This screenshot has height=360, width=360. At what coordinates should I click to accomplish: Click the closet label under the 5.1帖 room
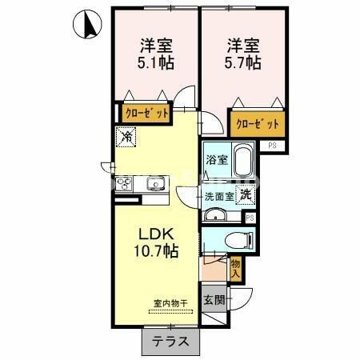[146, 113]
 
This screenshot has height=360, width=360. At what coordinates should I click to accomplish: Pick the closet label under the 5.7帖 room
[258, 124]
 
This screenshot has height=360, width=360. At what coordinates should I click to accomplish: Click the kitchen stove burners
[126, 186]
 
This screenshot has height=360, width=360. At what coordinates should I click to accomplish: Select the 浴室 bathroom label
[217, 159]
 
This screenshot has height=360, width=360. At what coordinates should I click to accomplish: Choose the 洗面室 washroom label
[218, 195]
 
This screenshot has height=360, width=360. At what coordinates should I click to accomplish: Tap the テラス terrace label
[170, 342]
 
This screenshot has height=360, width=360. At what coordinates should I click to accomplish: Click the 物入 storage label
[235, 268]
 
